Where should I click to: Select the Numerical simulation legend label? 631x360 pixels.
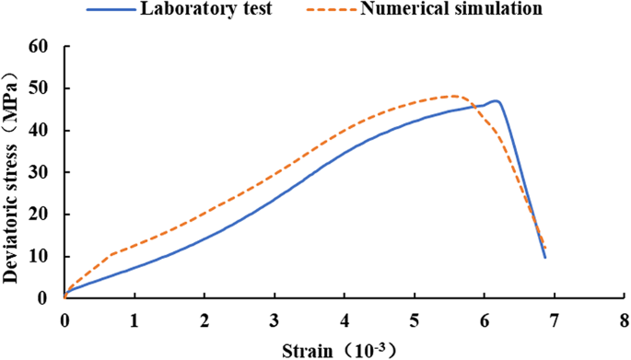(464, 10)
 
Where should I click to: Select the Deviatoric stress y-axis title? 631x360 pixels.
(12, 171)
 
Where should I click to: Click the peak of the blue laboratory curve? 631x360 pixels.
(497, 100)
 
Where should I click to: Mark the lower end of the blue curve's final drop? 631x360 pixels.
(545, 258)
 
